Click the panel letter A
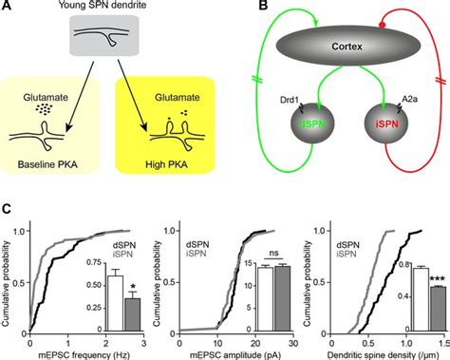click(8, 8)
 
